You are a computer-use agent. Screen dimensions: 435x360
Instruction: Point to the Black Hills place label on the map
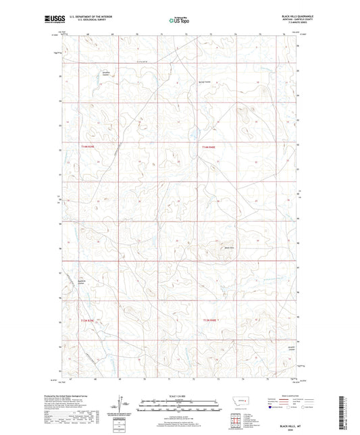click(x=229, y=247)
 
